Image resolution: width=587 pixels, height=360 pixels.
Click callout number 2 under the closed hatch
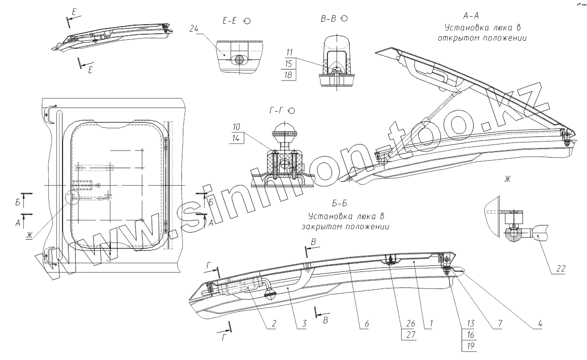pyautogui.click(x=273, y=324)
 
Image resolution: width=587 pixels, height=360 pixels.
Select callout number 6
pyautogui.click(x=366, y=324)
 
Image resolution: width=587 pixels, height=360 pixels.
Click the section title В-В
pyautogui.click(x=329, y=19)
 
